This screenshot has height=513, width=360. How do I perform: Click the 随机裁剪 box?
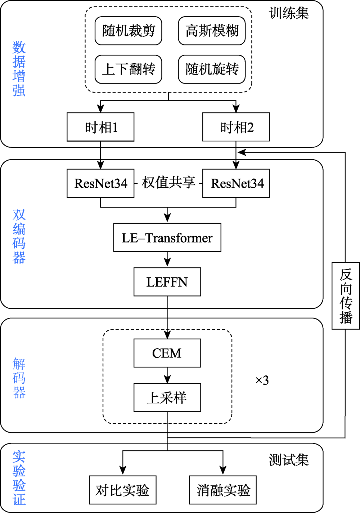(x=129, y=31)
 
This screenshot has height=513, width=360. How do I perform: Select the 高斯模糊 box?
(x=212, y=31)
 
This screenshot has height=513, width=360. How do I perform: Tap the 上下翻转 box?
(x=129, y=69)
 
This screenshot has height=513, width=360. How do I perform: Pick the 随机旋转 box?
(x=212, y=69)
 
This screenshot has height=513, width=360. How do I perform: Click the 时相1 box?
(x=100, y=127)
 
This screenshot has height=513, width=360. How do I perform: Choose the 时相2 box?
(x=236, y=127)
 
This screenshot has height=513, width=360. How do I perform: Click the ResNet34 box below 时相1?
(x=100, y=183)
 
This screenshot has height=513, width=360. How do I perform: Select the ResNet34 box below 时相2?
(x=236, y=183)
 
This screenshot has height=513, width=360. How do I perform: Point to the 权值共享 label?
(x=168, y=183)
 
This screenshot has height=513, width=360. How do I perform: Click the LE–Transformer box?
(x=167, y=237)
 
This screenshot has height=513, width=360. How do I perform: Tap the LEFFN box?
(x=167, y=282)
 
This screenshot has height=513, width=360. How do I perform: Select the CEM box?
(x=167, y=353)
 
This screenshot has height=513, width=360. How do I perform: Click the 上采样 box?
(x=167, y=397)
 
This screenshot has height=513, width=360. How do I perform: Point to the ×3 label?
(x=262, y=380)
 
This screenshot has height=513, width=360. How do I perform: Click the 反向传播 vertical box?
(x=346, y=296)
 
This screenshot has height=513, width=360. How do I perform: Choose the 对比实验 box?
(x=123, y=490)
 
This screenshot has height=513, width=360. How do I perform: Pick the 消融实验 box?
(x=223, y=490)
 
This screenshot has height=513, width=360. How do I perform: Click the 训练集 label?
(x=289, y=13)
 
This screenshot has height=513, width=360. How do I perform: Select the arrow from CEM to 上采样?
(x=167, y=375)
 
